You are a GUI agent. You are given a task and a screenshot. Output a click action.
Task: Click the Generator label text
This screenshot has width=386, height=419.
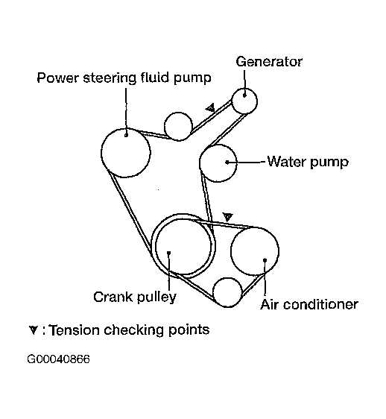click(x=269, y=62)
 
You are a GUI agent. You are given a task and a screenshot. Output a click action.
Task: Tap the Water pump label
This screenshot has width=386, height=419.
click(x=308, y=162)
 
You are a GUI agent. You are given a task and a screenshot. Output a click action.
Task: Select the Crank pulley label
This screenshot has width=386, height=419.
click(x=135, y=297)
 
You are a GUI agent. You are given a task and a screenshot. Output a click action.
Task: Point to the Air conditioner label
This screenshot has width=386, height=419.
click(x=309, y=304)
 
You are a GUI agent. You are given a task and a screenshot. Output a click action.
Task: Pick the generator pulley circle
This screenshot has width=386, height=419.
click(x=244, y=101)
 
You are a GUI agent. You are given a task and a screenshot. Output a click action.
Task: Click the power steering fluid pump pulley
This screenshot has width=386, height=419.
click(x=126, y=153)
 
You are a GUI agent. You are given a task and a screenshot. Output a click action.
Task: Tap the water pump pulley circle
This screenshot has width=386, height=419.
click(x=218, y=163)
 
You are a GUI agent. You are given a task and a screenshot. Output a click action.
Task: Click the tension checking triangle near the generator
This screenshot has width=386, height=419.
click(x=210, y=107)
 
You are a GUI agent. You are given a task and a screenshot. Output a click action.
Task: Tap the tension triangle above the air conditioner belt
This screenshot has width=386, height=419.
click(x=227, y=217)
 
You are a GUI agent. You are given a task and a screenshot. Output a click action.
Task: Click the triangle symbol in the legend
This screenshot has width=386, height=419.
click(x=34, y=330)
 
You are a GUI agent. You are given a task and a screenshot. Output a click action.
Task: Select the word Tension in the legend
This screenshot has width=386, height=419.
click(x=75, y=330)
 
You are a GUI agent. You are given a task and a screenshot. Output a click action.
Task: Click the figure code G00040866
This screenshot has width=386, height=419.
click(x=59, y=359)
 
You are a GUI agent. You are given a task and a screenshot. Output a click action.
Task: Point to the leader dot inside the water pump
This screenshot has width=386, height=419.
click(x=227, y=163)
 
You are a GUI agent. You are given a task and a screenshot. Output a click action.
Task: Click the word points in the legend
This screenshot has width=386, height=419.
click(x=189, y=330)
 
